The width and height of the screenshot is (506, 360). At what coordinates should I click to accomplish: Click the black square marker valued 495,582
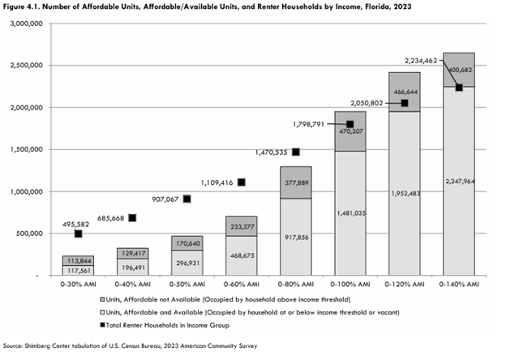(79, 234)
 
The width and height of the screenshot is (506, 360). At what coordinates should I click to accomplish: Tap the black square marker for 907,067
(187, 199)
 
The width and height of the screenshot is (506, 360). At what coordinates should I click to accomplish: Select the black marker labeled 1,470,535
(296, 152)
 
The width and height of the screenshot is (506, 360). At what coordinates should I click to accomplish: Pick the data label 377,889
(296, 182)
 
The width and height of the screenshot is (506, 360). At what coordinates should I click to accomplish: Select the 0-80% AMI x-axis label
(296, 285)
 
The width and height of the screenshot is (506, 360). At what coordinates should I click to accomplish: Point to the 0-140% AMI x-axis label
(459, 285)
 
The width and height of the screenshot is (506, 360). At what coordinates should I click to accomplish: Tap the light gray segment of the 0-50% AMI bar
(187, 262)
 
